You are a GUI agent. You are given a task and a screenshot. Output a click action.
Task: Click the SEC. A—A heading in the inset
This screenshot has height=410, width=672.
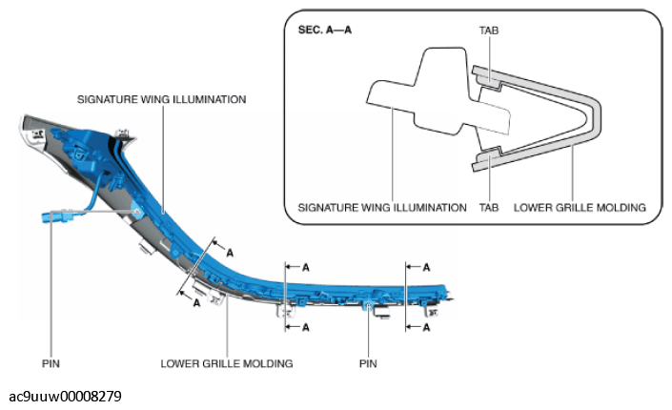click(324, 30)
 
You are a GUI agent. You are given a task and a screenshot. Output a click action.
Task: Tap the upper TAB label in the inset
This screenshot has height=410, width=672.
click(489, 31)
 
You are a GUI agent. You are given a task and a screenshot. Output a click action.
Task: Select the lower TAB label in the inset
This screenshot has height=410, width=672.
click(489, 208)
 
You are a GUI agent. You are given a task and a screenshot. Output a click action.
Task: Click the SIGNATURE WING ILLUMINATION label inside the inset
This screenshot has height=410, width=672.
click(382, 208)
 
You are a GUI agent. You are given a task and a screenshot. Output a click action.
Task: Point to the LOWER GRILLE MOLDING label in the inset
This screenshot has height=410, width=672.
click(580, 208)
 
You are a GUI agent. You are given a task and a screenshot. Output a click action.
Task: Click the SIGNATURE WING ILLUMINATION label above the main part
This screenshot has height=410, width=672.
click(162, 99)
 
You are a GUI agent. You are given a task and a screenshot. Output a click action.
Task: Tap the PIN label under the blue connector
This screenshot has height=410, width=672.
click(51, 363)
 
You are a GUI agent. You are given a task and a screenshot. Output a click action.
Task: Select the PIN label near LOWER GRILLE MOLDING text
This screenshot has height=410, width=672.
click(368, 363)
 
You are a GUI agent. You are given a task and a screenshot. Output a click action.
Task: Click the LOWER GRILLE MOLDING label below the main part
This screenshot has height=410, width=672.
click(227, 363)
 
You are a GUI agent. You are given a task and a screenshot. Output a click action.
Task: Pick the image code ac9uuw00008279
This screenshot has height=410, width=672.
click(65, 396)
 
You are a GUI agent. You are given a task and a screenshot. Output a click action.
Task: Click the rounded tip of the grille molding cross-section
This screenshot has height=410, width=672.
click(597, 116)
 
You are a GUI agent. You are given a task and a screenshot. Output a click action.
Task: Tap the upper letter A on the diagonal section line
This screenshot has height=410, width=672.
click(230, 253)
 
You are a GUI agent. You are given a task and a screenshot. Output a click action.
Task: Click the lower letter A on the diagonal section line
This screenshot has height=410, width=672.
click(196, 303)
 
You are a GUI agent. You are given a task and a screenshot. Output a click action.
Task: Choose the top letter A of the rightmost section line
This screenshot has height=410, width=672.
click(426, 268)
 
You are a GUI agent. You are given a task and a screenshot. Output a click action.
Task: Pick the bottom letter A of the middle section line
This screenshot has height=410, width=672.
click(306, 328)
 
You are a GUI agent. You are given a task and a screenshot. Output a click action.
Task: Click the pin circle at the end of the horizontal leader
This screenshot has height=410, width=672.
click(137, 212)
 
